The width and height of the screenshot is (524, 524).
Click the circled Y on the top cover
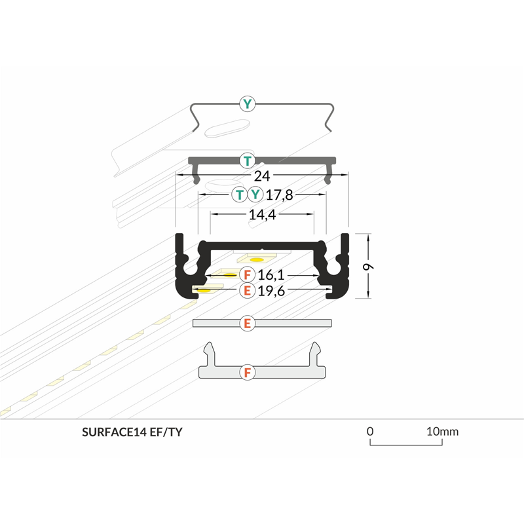tap(247, 103)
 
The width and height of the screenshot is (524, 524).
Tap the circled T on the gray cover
tap(247, 160)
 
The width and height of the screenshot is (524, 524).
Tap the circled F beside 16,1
tap(247, 275)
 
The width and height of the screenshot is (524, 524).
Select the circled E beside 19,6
tap(247, 291)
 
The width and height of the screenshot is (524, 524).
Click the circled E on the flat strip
tap(247, 323)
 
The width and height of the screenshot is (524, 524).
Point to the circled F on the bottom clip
tap(247, 373)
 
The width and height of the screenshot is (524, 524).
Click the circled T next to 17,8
tap(240, 195)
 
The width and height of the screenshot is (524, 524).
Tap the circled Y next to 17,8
tap(255, 195)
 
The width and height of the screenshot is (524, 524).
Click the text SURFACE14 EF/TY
tap(137, 432)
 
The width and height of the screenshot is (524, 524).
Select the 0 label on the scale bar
tap(370, 431)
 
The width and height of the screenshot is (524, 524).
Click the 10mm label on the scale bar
tap(442, 431)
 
